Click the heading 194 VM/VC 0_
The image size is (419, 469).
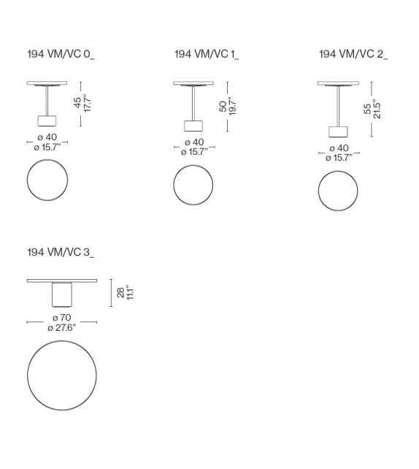click(61, 55)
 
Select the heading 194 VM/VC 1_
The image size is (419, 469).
click(207, 55)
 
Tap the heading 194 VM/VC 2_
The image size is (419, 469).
click(353, 55)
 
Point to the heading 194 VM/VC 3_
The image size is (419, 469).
click(61, 253)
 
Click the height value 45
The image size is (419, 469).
click(77, 102)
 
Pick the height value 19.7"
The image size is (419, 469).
click(233, 106)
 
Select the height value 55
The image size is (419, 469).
click(367, 109)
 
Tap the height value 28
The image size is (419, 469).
click(120, 292)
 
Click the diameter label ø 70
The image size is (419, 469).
click(62, 318)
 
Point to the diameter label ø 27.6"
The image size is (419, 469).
click(62, 328)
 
